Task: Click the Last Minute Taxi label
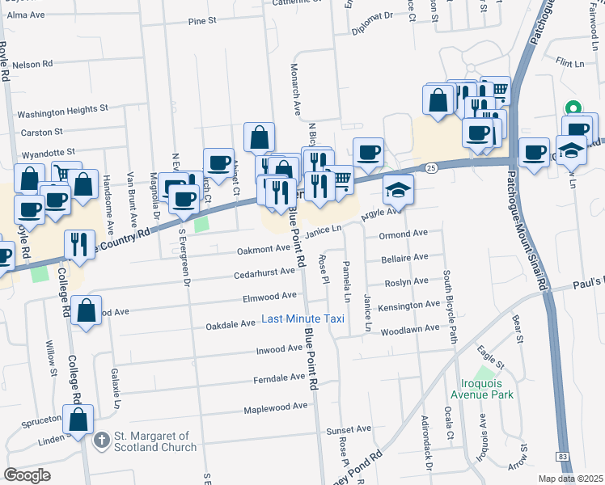pyautogui.click(x=303, y=319)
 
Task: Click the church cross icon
pyautogui.click(x=101, y=441)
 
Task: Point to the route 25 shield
pyautogui.click(x=431, y=167)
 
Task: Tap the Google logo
pyautogui.click(x=27, y=475)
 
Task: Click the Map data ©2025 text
pyautogui.click(x=570, y=479)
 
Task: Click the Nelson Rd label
pyautogui.click(x=33, y=63)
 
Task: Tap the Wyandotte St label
pyautogui.click(x=48, y=151)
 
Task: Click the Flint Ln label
pyautogui.click(x=569, y=61)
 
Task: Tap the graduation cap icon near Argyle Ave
pyautogui.click(x=398, y=189)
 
